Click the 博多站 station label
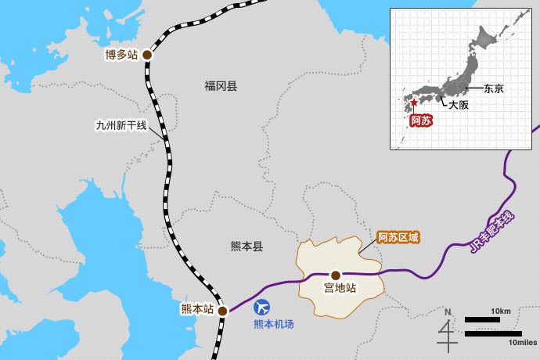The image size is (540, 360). [122, 56]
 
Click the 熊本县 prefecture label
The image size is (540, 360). [247, 246]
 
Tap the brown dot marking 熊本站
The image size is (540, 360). [222, 311]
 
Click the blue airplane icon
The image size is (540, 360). [263, 308]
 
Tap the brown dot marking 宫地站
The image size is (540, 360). [336, 275]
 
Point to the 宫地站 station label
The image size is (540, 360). [340, 289]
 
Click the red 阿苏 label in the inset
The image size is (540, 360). [420, 121]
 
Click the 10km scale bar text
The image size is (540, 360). [502, 312]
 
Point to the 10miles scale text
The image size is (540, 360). [520, 342]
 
